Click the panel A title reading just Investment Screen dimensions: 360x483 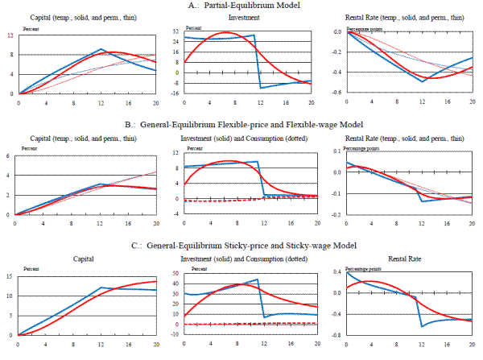244,17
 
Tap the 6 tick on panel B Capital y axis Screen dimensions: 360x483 9,155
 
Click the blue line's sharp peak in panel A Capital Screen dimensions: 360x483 101,48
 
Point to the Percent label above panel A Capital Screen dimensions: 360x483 28,25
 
